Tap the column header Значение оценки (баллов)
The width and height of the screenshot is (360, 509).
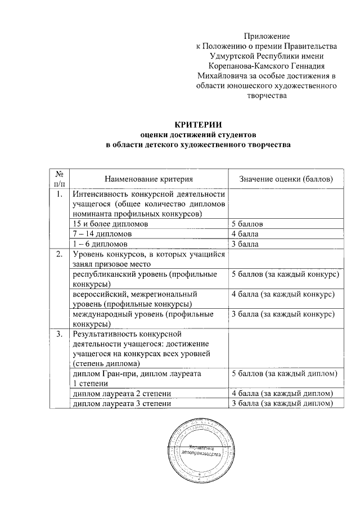286,178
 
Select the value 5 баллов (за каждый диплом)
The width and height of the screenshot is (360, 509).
284,373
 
